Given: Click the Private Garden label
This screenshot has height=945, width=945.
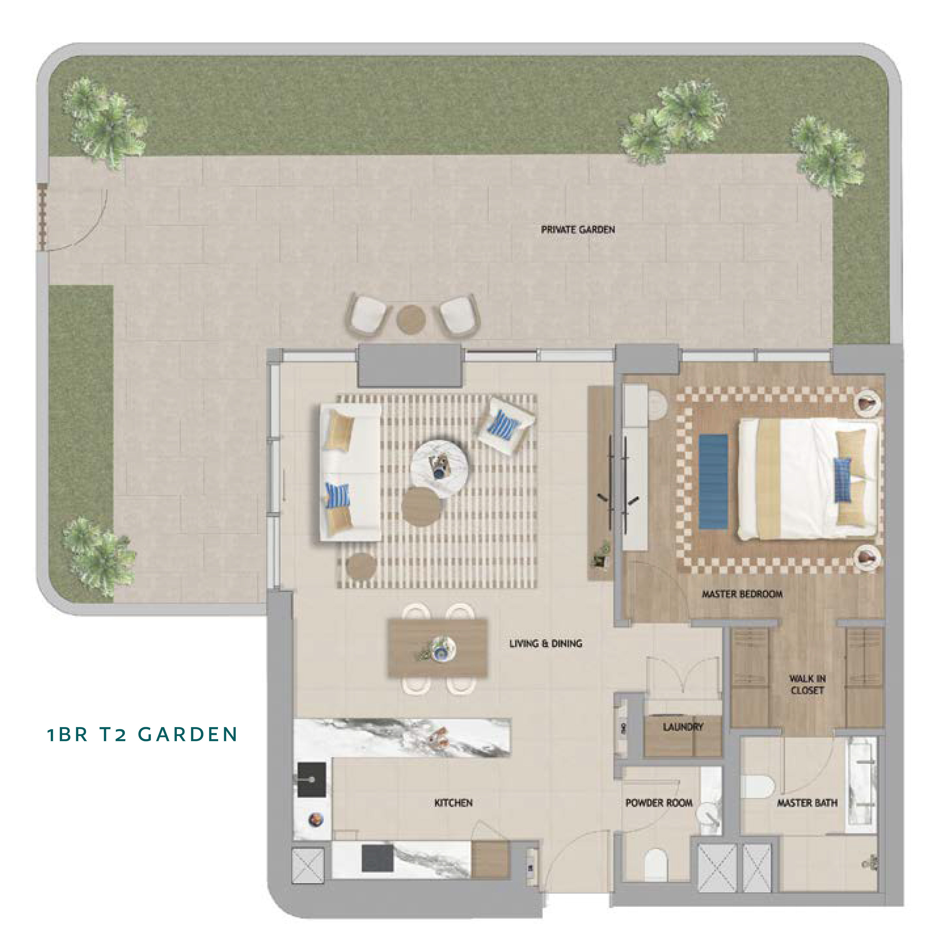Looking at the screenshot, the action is point(578,230).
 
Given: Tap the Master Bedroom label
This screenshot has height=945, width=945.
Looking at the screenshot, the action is point(742,594).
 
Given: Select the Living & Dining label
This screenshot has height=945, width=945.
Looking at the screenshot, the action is point(545,644).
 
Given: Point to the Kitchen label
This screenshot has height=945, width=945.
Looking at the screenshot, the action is point(453,803).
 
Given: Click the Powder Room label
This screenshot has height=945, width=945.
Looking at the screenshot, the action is point(659,803).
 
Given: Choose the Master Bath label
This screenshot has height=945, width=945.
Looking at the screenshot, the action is point(807,803).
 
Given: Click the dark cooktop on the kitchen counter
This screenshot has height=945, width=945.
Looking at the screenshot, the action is point(377,858).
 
